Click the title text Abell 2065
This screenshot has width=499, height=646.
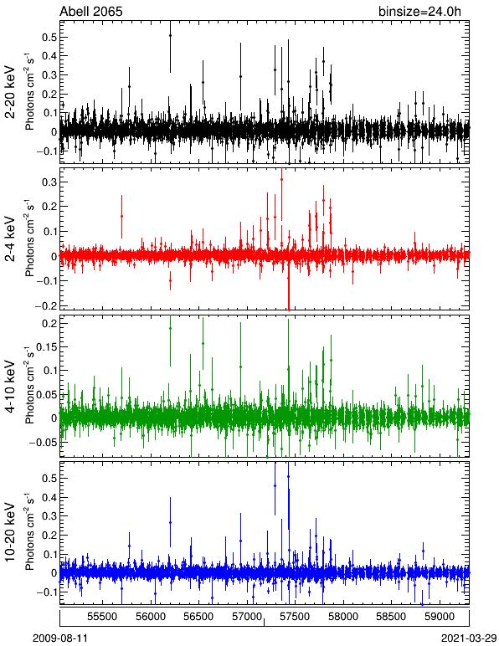(x=91, y=11)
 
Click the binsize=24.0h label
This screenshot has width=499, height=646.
(x=419, y=12)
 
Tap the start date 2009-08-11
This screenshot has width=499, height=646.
(x=60, y=638)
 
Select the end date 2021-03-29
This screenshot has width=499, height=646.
(x=469, y=638)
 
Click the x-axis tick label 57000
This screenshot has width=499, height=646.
(x=246, y=617)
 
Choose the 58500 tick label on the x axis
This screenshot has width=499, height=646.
(x=391, y=617)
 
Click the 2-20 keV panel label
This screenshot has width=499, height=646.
(x=10, y=92)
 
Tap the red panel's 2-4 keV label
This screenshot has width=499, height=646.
(x=10, y=239)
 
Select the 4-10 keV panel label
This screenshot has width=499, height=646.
(x=10, y=387)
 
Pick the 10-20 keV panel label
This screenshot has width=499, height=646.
(x=10, y=532)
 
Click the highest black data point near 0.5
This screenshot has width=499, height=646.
(x=170, y=35)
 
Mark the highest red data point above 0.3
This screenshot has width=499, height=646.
(x=281, y=179)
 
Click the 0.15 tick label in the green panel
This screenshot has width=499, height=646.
(x=46, y=347)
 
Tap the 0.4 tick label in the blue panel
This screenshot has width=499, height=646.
(x=49, y=497)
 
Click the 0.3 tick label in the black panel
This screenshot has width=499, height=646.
(x=49, y=75)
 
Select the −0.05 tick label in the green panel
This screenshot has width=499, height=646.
(x=43, y=442)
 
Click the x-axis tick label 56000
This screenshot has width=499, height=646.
(x=150, y=617)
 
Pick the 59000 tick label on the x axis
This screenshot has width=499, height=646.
(x=440, y=617)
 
